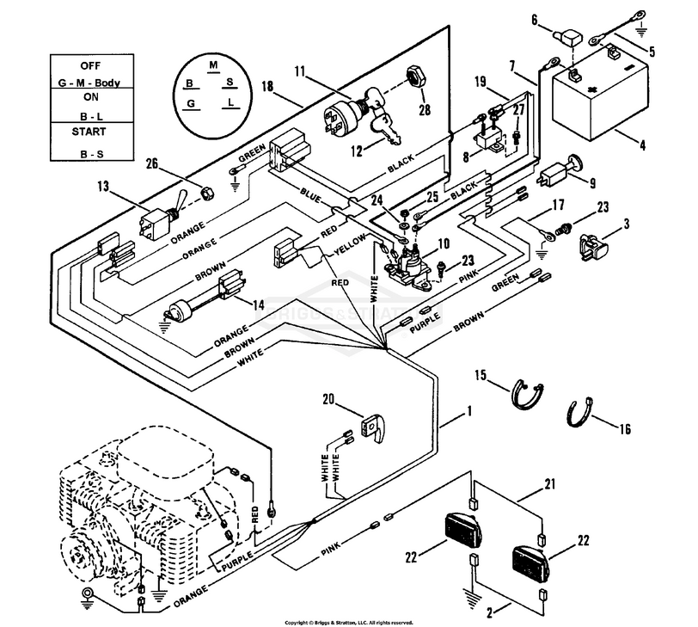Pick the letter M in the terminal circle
213,65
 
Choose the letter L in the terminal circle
231,103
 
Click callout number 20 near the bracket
328,399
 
